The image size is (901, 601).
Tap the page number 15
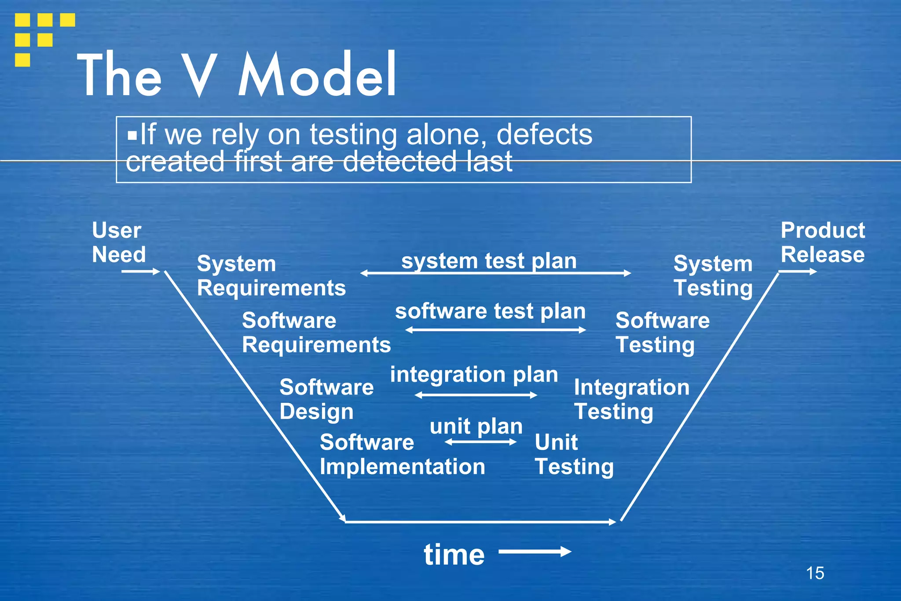[x=815, y=573]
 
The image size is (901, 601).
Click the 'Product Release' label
[x=822, y=242]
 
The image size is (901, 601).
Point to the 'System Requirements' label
[x=271, y=276]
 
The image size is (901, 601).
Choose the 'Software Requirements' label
[x=316, y=332]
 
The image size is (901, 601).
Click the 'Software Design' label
[x=326, y=399]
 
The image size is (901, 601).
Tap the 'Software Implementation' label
[x=402, y=454]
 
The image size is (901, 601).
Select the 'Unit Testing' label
[x=574, y=454]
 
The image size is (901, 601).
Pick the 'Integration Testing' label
[x=631, y=399]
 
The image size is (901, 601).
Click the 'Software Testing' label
[x=662, y=332]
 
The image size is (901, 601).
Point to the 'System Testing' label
[x=713, y=276]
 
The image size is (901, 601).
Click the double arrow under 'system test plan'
[x=495, y=273]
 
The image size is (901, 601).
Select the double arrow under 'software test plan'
[x=495, y=330]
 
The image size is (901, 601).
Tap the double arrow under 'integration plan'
[x=476, y=395]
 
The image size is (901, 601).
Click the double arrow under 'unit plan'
[x=480, y=442]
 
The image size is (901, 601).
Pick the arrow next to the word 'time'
[x=535, y=552]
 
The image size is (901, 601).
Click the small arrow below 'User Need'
[x=140, y=272]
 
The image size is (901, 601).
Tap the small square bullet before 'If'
[x=132, y=135]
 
